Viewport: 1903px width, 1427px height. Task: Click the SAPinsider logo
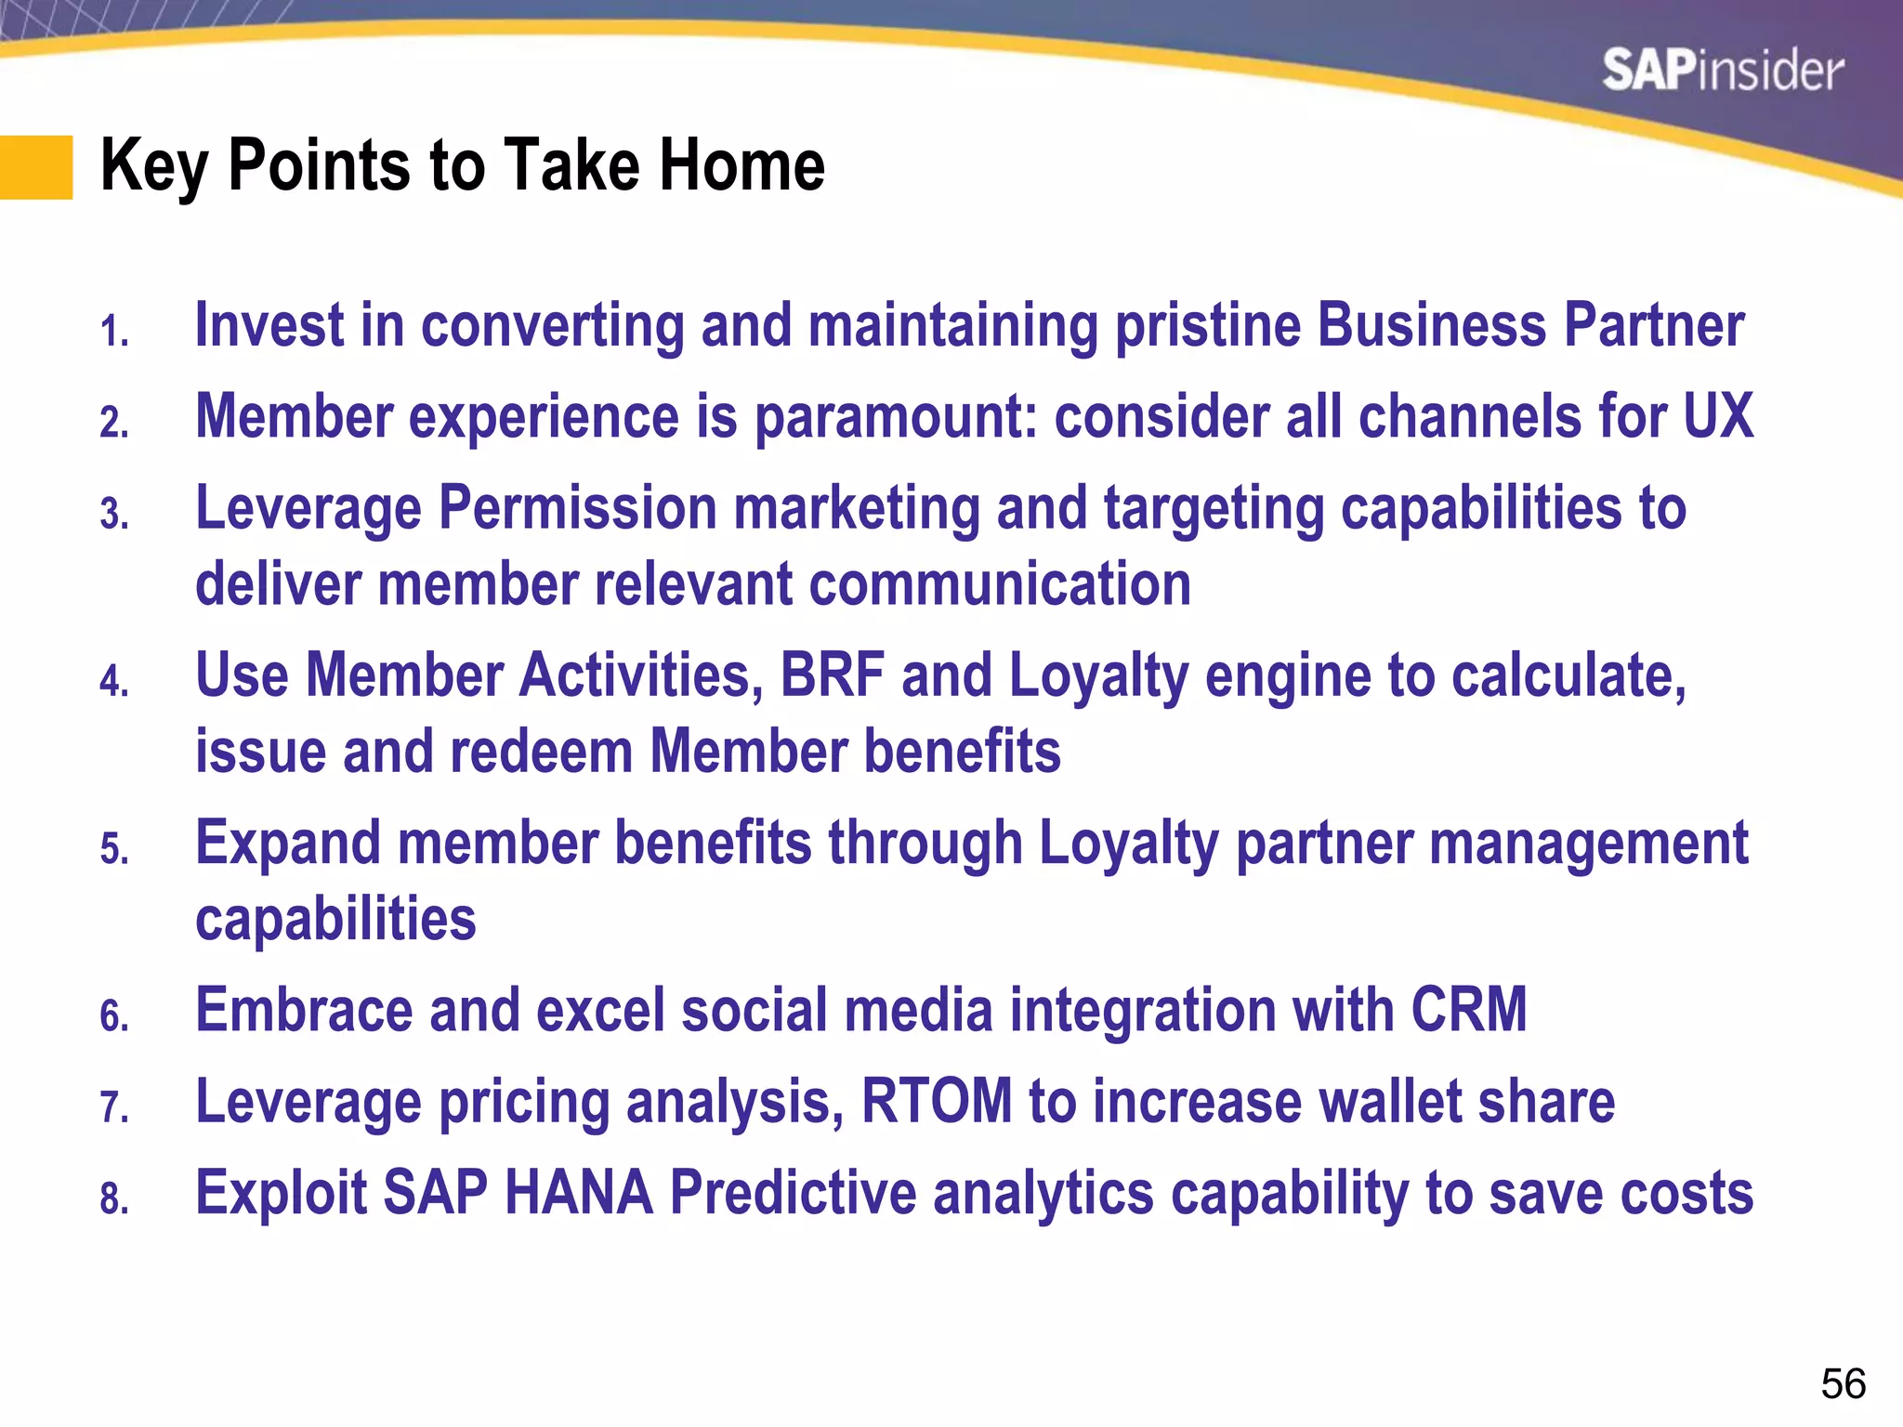point(1722,71)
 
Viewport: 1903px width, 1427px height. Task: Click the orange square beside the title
point(36,167)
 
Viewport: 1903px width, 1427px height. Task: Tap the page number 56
point(1843,1384)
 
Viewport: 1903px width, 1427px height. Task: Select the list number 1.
point(114,333)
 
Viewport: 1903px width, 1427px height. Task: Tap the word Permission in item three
point(577,508)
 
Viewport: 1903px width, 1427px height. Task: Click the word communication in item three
point(1000,584)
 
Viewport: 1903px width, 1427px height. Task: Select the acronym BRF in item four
point(832,675)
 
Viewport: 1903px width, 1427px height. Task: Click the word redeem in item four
point(542,751)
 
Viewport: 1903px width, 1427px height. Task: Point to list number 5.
point(114,850)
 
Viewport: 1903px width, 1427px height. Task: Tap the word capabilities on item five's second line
point(335,920)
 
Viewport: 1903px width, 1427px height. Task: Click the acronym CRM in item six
point(1468,1010)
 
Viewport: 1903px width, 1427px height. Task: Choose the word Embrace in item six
point(304,1010)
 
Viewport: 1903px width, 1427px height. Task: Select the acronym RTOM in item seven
point(937,1102)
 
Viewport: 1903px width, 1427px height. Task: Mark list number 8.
point(114,1199)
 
